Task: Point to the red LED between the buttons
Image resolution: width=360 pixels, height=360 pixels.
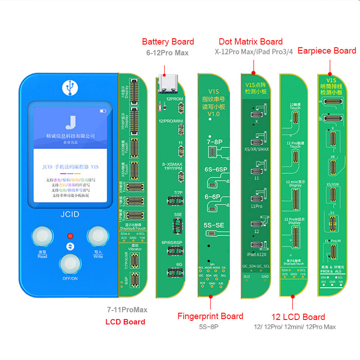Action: coord(70,236)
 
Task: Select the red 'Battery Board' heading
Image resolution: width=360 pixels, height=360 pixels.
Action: coord(168,42)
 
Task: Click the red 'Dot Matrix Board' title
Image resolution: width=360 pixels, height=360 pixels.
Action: coord(251,42)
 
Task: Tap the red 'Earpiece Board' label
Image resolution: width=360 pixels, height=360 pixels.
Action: coord(327,51)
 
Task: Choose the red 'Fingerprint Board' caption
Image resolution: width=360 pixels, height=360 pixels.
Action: coord(210,316)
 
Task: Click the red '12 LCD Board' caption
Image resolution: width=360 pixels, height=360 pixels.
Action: coord(298,317)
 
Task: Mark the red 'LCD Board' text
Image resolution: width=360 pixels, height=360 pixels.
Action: coord(125,322)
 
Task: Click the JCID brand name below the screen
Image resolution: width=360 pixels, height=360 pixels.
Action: coord(70,215)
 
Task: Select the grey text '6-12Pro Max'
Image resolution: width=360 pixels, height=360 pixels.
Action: coord(167,53)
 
